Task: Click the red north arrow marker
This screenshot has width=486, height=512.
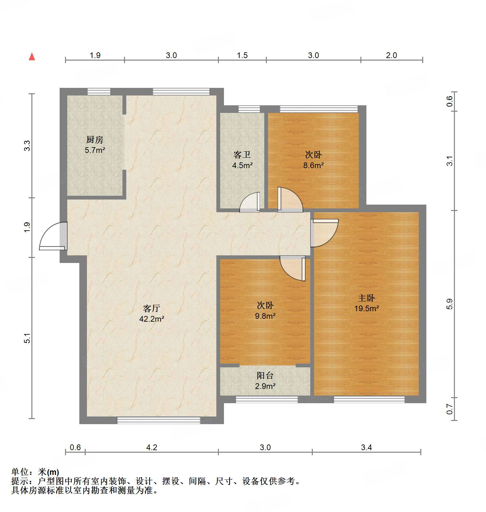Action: point(32,56)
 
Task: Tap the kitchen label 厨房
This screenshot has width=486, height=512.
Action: point(95,140)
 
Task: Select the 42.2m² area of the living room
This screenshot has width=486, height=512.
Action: point(152,319)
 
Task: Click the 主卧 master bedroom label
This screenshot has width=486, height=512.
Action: point(366,298)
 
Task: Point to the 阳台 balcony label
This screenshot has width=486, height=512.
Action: point(265,376)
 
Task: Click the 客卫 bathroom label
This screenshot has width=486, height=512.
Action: point(242,155)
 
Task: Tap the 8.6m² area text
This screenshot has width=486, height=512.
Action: point(313,165)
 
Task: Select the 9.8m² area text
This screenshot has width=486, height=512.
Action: point(265,316)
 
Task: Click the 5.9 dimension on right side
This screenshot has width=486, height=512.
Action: point(450,304)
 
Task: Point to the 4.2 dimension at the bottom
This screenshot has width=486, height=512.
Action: point(152,447)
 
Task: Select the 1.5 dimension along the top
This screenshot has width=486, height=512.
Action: point(242,55)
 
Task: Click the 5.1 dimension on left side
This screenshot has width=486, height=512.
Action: point(27,338)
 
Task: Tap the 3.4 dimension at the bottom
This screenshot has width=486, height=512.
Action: point(366,447)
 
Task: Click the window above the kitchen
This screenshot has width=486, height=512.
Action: point(99,92)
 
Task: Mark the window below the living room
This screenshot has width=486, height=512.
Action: point(159,420)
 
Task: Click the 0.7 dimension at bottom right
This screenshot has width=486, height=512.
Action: point(450,409)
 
